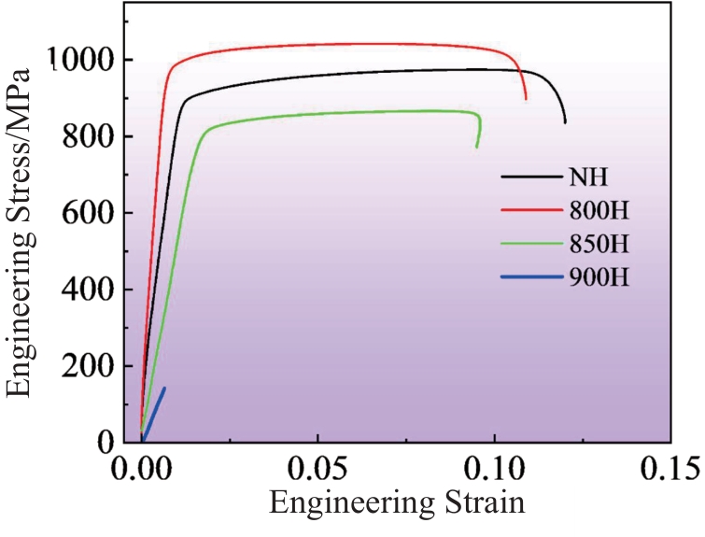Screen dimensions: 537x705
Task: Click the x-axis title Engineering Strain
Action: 397,504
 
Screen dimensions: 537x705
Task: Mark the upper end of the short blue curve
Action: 164,388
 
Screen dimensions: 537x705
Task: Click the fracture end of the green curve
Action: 477,147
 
